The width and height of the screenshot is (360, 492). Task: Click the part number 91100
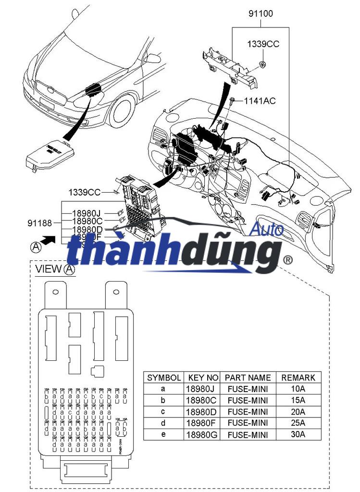click(261, 13)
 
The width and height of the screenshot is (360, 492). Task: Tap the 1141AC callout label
click(260, 101)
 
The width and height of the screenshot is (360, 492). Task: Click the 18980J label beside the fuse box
click(87, 213)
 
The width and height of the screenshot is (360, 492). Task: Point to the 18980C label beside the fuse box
click(87, 221)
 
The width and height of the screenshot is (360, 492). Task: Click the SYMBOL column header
click(164, 378)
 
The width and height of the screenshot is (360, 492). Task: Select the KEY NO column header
click(203, 378)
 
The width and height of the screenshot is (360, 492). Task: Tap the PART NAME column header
click(248, 378)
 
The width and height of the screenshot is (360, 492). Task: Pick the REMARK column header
click(298, 378)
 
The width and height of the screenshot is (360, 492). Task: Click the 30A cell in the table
click(298, 434)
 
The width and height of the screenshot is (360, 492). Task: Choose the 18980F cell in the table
click(203, 423)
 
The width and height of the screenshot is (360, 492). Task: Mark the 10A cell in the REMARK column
click(298, 389)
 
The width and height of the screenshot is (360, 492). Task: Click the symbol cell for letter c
click(164, 412)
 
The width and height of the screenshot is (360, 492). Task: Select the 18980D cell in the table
click(203, 412)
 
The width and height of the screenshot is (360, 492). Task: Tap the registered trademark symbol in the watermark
click(288, 260)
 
